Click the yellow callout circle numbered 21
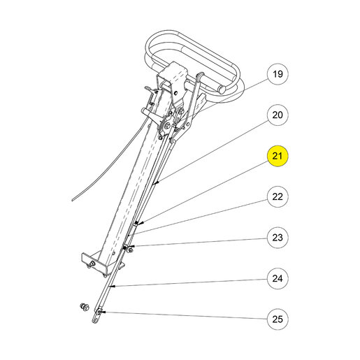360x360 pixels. click(x=278, y=156)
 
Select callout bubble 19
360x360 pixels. click(x=278, y=74)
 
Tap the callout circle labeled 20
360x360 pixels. click(x=278, y=115)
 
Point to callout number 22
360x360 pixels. click(x=278, y=196)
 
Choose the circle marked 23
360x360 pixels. click(x=278, y=238)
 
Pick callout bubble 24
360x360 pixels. click(x=278, y=278)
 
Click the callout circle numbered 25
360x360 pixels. click(x=278, y=319)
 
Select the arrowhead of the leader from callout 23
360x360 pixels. click(x=132, y=246)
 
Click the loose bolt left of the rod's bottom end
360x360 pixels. click(x=85, y=307)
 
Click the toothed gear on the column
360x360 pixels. click(x=166, y=125)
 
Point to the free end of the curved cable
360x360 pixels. click(x=73, y=200)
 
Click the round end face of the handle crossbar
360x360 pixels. click(x=222, y=89)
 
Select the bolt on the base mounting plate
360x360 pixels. click(x=92, y=264)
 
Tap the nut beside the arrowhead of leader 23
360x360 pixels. click(x=131, y=250)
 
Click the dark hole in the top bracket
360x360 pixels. click(x=175, y=93)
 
